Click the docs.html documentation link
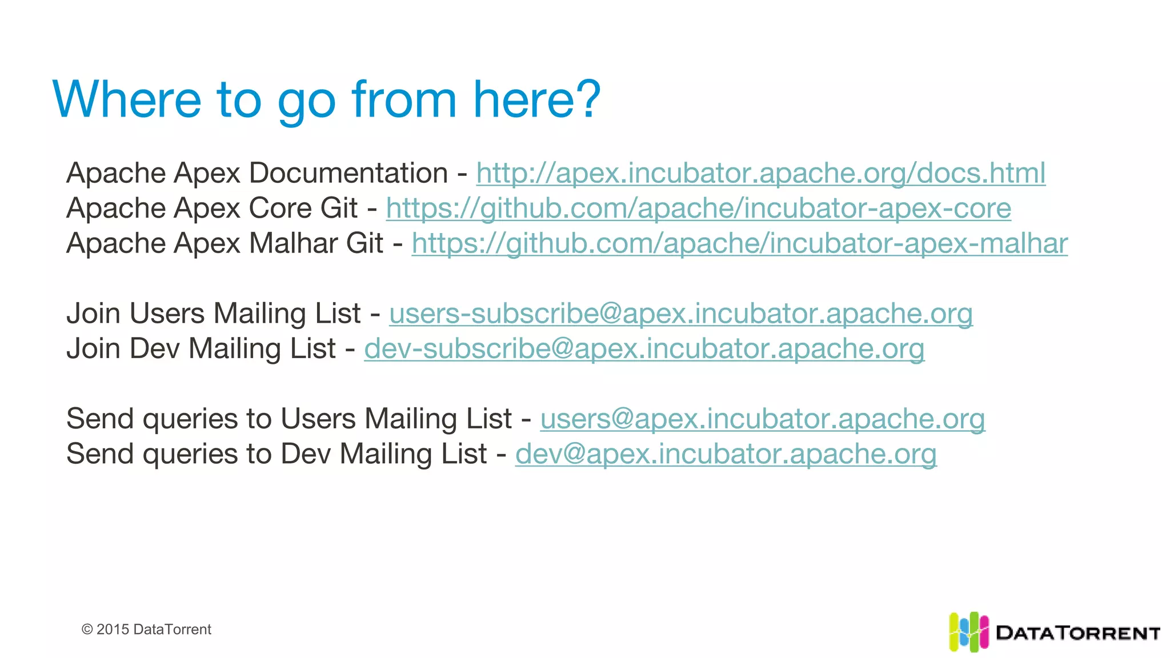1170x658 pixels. coord(760,173)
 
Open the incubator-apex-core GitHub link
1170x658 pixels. coord(698,208)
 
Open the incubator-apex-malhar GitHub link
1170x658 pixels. coord(739,244)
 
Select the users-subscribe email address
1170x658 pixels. coord(680,314)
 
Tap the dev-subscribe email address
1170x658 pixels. coord(644,349)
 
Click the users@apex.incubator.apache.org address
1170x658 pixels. coord(762,419)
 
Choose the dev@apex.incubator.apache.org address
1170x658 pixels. coord(726,454)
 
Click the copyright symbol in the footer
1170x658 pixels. coord(87,629)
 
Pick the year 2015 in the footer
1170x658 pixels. coord(113,629)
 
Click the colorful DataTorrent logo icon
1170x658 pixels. coord(968,632)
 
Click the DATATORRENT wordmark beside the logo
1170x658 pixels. coord(1077,633)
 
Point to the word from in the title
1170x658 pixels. coord(404,99)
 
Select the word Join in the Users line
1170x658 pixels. coord(94,314)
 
